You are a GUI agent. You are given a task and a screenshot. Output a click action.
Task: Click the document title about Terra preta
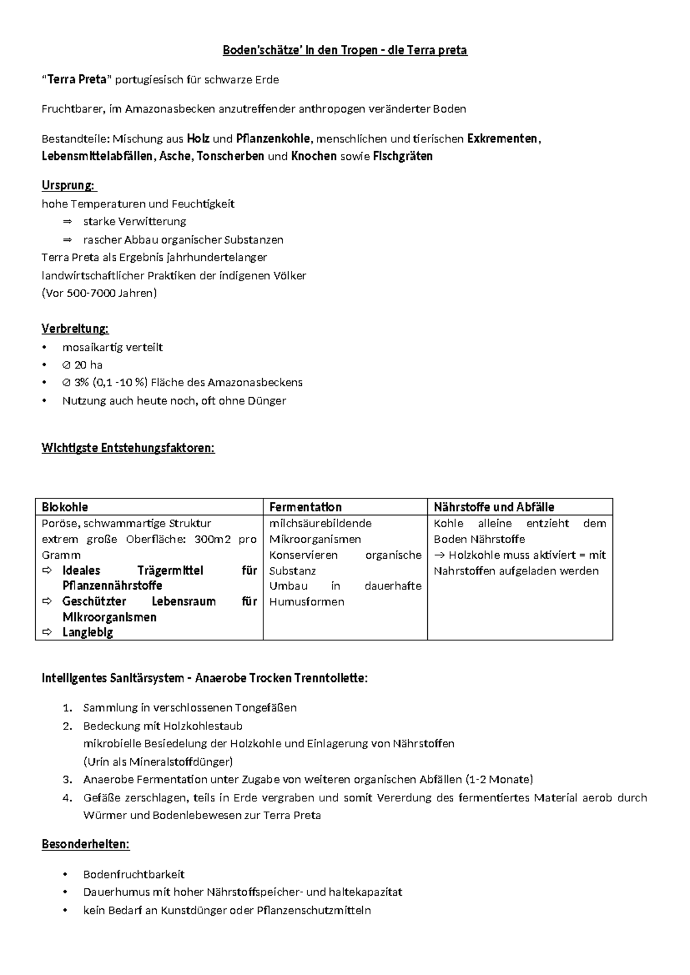click(345, 51)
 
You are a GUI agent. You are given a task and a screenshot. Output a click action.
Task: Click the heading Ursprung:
click(69, 185)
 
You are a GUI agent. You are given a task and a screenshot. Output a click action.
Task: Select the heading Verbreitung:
click(75, 329)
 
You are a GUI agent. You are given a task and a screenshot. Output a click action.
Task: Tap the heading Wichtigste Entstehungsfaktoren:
click(128, 448)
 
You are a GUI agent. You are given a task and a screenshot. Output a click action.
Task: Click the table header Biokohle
click(65, 507)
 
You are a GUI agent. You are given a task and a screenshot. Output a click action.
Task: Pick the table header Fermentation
click(305, 507)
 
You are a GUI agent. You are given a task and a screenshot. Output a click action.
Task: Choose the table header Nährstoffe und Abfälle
click(494, 507)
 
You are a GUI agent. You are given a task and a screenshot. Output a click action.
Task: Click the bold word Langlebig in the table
click(87, 632)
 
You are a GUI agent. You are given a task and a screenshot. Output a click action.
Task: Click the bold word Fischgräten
click(402, 156)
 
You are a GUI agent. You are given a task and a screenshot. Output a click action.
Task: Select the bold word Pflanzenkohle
click(273, 139)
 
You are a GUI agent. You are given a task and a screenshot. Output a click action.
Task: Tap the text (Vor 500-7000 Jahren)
click(99, 293)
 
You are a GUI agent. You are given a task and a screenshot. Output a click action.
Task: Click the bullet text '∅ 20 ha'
click(82, 364)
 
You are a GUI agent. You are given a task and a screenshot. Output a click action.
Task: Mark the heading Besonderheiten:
click(86, 845)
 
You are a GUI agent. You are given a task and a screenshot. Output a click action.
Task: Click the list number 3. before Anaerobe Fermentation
click(68, 780)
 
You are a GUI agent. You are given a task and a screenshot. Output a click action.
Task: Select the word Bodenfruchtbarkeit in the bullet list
click(133, 874)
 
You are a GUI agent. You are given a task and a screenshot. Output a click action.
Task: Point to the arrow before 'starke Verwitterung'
click(68, 221)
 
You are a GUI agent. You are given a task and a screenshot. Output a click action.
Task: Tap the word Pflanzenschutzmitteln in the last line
click(314, 910)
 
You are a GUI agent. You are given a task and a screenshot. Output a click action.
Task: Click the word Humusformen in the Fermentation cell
click(306, 602)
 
